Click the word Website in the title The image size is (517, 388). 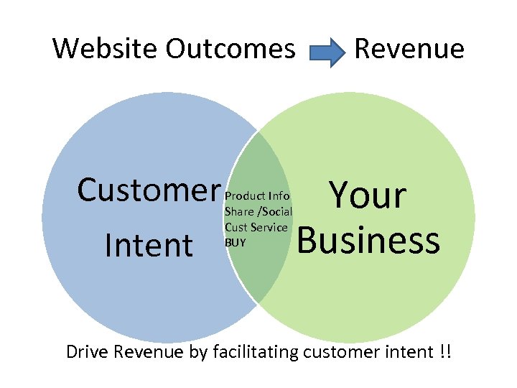click(106, 49)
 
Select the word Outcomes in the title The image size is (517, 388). click(230, 49)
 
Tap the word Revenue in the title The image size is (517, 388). click(409, 49)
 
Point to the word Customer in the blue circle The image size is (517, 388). click(148, 190)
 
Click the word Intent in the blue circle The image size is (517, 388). click(148, 244)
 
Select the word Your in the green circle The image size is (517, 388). click(367, 195)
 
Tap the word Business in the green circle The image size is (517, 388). click(368, 241)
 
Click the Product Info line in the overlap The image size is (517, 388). click(257, 195)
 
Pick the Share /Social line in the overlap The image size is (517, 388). click(258, 211)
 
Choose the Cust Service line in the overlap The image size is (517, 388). click(256, 227)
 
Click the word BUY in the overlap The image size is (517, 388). click(235, 243)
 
